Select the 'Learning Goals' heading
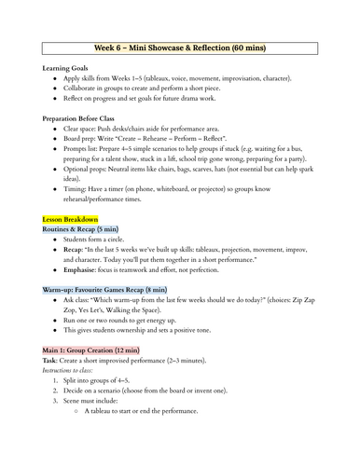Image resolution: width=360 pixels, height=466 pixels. point(68,69)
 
